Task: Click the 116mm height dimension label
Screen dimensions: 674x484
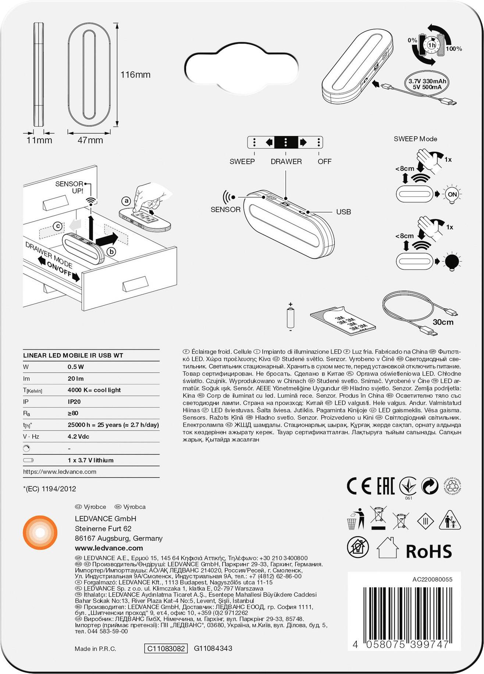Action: pos(135,75)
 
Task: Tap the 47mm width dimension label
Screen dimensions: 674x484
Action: pos(90,140)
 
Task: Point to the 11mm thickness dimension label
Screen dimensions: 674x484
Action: pos(39,140)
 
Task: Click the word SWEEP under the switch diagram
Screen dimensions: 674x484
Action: pos(242,161)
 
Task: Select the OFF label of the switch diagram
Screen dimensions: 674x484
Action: pos(324,161)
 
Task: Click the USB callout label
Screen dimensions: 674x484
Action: pos(344,212)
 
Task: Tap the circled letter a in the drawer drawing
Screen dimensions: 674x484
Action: pos(126,201)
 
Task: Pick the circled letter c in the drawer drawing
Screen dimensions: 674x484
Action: pos(57,226)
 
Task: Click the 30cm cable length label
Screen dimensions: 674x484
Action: pos(443,322)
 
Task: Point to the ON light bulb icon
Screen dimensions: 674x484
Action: pos(452,194)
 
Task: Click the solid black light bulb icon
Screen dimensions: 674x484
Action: pos(452,261)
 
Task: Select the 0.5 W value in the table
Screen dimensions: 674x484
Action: pos(76,367)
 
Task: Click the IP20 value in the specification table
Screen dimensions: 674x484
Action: pos(74,402)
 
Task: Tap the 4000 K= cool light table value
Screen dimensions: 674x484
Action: pos(94,390)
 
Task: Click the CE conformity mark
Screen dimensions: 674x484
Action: pos(359,486)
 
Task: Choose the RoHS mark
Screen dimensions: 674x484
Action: pos(429,551)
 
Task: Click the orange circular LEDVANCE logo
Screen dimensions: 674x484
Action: pos(40,533)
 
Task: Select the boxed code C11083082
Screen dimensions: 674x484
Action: pos(166,648)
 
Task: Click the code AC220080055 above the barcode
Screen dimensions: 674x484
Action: pos(432,579)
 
